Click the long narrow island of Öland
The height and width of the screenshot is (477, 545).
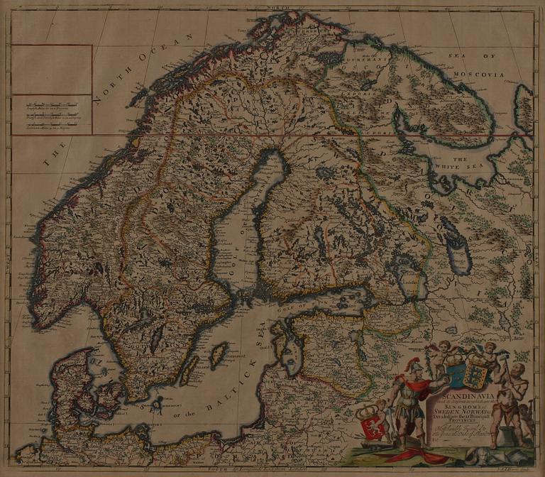[x=188, y=370]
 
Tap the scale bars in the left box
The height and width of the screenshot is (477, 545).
[x=52, y=114]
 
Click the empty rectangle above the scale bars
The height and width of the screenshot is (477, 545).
[x=52, y=70]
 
